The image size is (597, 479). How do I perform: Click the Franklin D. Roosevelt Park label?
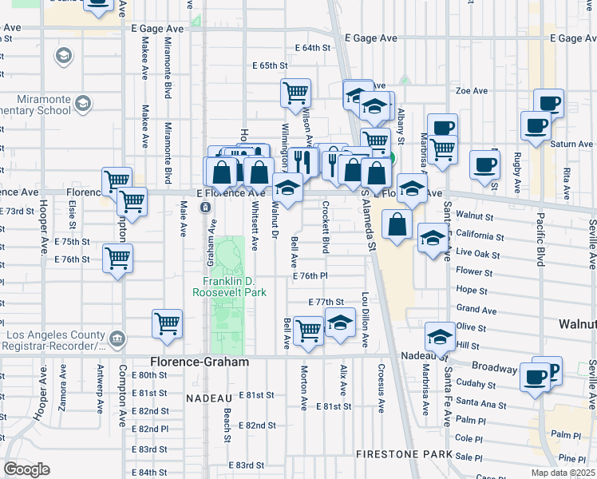pyautogui.click(x=229, y=286)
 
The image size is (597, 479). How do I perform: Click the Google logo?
pyautogui.click(x=26, y=469)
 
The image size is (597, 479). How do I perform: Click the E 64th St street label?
pyautogui.click(x=310, y=48)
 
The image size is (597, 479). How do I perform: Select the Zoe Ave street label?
pyautogui.click(x=471, y=91)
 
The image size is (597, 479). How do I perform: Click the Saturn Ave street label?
pyautogui.click(x=571, y=144)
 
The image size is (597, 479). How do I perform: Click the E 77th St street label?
pyautogui.click(x=325, y=302)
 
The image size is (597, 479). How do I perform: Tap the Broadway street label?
pyautogui.click(x=495, y=368)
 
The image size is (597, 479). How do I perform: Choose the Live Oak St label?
pyautogui.click(x=479, y=253)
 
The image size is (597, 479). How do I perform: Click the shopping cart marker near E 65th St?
pyautogui.click(x=295, y=93)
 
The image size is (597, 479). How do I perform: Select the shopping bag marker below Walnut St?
pyautogui.click(x=397, y=225)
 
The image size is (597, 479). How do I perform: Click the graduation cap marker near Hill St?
pyautogui.click(x=439, y=336)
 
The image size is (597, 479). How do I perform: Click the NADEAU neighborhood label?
pyautogui.click(x=208, y=397)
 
